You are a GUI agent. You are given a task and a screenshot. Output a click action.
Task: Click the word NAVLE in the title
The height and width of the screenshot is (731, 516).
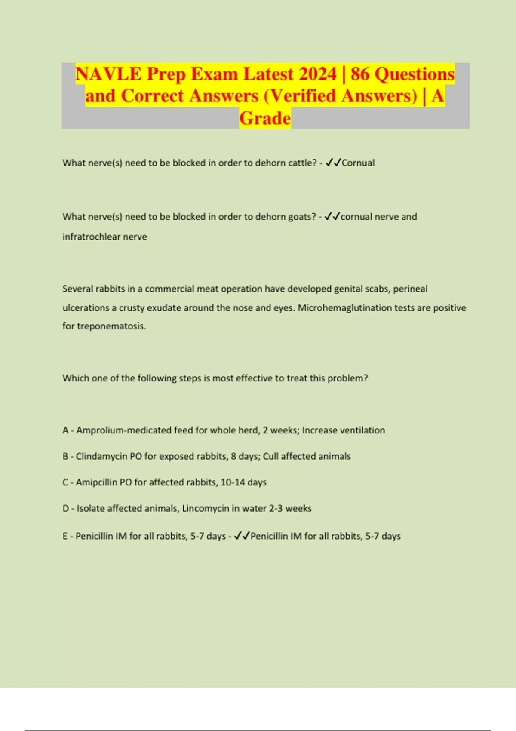108,74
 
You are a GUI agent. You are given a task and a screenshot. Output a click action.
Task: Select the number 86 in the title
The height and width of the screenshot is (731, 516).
360,74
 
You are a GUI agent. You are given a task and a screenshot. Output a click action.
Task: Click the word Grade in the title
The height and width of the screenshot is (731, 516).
265,118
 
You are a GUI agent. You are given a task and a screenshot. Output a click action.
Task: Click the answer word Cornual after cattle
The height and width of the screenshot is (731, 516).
358,163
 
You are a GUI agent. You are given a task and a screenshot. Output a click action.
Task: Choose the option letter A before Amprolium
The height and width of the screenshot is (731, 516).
65,430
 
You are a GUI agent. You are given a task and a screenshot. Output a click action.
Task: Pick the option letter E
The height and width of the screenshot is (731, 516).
65,536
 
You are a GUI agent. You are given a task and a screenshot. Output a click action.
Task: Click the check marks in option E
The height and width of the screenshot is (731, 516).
242,536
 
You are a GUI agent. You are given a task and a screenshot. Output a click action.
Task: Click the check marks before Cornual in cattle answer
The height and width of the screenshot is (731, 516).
333,163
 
